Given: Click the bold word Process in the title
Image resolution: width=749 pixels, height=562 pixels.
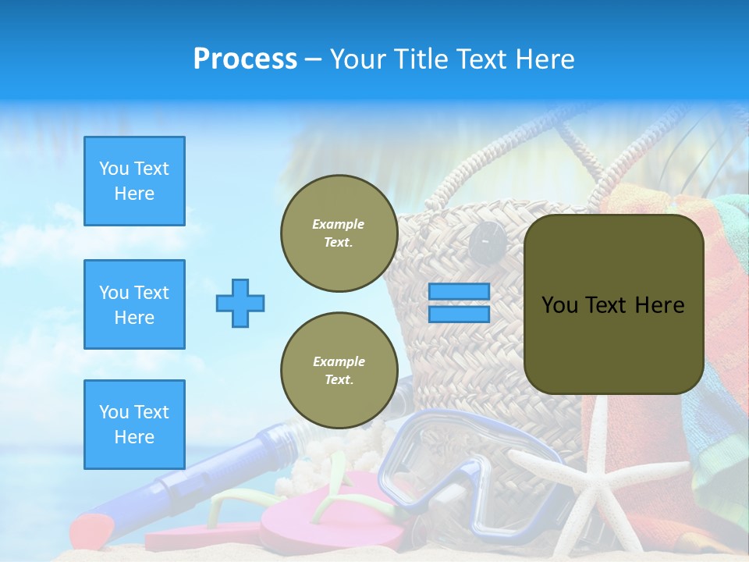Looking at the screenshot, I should click(245, 59).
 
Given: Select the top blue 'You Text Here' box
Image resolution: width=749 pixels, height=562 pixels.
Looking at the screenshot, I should click(134, 181).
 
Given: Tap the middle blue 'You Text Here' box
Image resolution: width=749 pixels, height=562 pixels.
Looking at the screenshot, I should click(134, 304).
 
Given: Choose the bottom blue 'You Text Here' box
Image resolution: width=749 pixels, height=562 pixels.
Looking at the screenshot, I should click(134, 425).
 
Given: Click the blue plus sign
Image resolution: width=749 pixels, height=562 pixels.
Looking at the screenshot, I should click(240, 303).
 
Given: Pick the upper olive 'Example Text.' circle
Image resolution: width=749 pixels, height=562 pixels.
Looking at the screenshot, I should click(339, 233).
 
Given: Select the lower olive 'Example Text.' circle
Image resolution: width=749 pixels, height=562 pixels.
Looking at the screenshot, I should click(339, 371).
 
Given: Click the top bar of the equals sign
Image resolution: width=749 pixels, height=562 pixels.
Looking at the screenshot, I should click(459, 292).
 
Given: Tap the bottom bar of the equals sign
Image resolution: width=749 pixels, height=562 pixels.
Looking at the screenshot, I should click(459, 315).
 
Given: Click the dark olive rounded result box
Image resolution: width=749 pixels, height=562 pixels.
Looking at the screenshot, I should click(613, 304).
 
